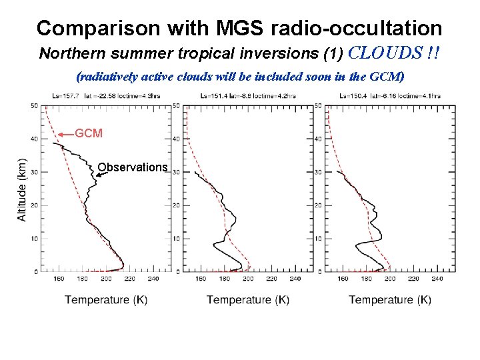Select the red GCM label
tap(89, 133)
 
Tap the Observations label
tap(132, 167)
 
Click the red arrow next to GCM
tap(65, 134)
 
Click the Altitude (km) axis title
tap(21, 189)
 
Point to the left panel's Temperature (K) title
tap(106, 300)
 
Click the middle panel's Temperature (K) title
tap(248, 300)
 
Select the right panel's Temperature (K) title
tap(390, 300)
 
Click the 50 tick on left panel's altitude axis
tap(34, 105)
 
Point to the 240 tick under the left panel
tap(153, 279)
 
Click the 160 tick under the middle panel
tap(200, 279)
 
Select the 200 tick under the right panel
tap(390, 279)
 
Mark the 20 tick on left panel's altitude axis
tap(34, 205)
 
